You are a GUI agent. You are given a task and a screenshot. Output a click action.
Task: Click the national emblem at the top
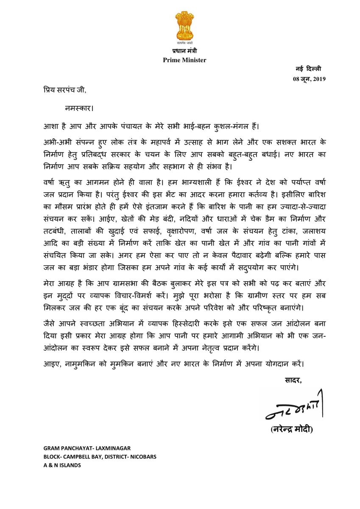tap(184, 28)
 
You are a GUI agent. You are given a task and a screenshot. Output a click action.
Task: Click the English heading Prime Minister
tap(184, 60)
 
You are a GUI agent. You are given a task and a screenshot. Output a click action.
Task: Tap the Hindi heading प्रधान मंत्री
tap(184, 52)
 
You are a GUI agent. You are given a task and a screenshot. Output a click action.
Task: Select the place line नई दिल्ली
tap(309, 69)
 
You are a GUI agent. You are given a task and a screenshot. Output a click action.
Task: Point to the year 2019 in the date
tap(318, 79)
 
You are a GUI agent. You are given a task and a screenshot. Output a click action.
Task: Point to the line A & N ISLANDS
tap(61, 465)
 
